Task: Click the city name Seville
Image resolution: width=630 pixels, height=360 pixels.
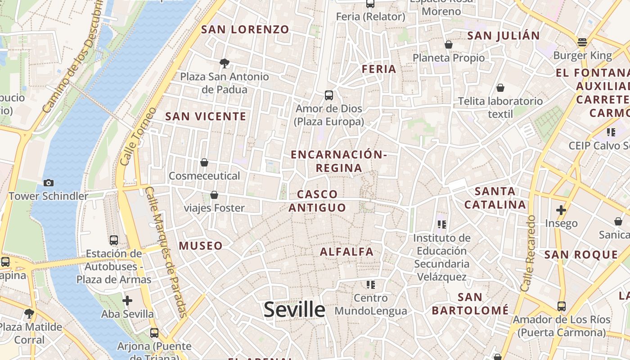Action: click(x=294, y=310)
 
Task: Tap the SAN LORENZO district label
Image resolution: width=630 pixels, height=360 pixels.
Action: click(x=245, y=30)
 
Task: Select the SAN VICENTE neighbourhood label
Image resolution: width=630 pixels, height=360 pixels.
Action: click(x=206, y=117)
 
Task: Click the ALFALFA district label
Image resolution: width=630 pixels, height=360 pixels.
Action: click(x=346, y=252)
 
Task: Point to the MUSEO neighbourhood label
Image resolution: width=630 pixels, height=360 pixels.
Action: click(x=201, y=246)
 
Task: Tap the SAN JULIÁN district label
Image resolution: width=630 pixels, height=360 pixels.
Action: click(x=504, y=36)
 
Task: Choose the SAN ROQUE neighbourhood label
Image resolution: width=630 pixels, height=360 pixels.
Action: click(x=581, y=255)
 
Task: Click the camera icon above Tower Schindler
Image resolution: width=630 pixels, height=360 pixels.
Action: click(x=49, y=183)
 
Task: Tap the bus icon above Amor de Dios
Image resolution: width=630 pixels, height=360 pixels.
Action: click(x=329, y=95)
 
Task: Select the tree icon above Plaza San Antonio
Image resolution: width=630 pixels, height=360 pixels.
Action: click(x=224, y=63)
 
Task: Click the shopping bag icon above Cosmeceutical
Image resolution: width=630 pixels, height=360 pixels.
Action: click(x=204, y=162)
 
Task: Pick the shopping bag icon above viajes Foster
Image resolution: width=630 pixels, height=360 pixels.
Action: click(x=214, y=195)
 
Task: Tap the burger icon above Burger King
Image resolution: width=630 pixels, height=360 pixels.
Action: click(x=582, y=43)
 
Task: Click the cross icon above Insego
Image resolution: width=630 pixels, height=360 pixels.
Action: click(x=561, y=210)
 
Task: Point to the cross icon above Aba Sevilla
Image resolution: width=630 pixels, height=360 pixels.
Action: click(x=127, y=300)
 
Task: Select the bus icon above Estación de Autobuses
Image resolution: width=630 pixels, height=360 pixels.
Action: click(x=114, y=240)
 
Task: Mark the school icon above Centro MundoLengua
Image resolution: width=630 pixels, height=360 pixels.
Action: click(x=371, y=284)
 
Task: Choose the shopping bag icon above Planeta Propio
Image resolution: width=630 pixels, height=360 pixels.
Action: click(x=449, y=45)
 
